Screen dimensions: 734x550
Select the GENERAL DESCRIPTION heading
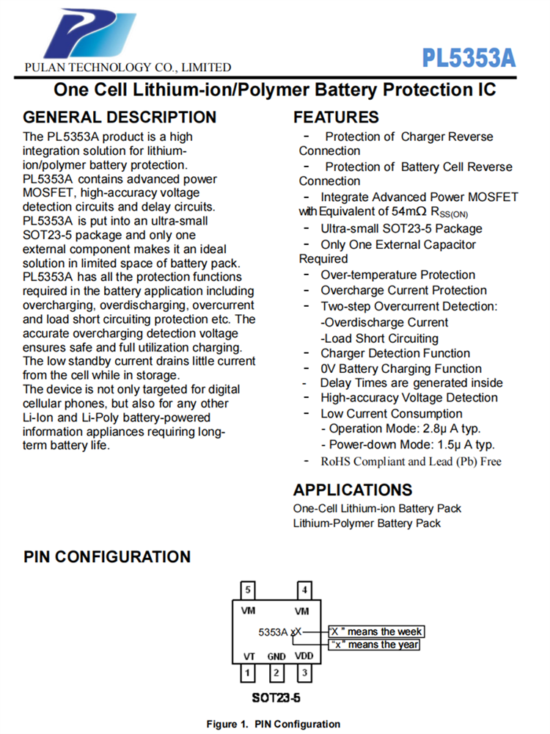pyautogui.click(x=120, y=117)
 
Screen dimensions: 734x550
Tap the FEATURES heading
pyautogui.click(x=336, y=117)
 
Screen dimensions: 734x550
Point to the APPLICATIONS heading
pyautogui.click(x=353, y=490)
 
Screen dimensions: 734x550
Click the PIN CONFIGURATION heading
pyautogui.click(x=107, y=556)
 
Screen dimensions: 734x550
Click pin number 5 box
pyautogui.click(x=249, y=589)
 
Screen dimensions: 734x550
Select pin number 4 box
pyautogui.click(x=304, y=589)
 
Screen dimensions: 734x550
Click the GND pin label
pyautogui.click(x=276, y=656)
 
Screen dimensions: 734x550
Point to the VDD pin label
pyautogui.click(x=303, y=655)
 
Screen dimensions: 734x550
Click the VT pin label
pyautogui.click(x=249, y=655)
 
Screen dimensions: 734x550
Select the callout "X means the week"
pyautogui.click(x=375, y=631)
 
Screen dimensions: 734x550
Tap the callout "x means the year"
pyautogui.click(x=374, y=644)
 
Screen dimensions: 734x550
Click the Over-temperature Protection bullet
pyautogui.click(x=397, y=275)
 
